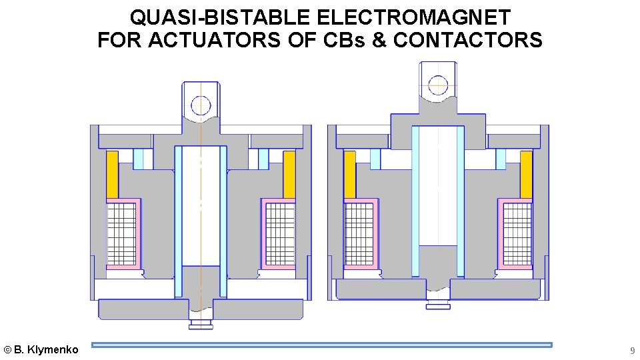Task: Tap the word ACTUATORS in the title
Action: pyautogui.click(x=217, y=40)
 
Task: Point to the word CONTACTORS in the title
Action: pyautogui.click(x=468, y=40)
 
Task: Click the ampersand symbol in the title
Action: pyautogui.click(x=379, y=40)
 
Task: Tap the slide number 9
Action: pyautogui.click(x=633, y=350)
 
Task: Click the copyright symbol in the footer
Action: pyautogui.click(x=7, y=349)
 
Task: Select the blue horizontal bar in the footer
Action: pyautogui.click(x=322, y=345)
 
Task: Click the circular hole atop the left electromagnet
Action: pyautogui.click(x=201, y=105)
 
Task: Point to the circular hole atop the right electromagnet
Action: pyautogui.click(x=438, y=85)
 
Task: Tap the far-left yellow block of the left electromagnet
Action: pyautogui.click(x=112, y=174)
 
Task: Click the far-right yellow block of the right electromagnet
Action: pyautogui.click(x=526, y=174)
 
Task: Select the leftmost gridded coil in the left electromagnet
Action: pyautogui.click(x=121, y=233)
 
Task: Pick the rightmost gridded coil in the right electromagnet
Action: pyautogui.click(x=517, y=233)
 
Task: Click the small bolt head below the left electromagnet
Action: pyautogui.click(x=201, y=325)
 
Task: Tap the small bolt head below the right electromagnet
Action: pyautogui.click(x=438, y=305)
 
